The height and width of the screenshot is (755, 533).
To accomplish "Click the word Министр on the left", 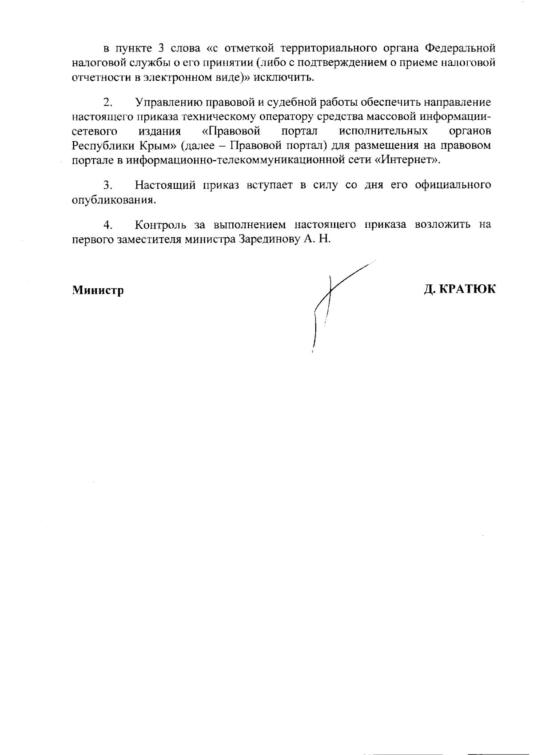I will [x=98, y=290].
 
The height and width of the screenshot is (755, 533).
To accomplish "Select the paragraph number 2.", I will [x=107, y=103].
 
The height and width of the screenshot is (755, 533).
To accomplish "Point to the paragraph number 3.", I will [x=107, y=185].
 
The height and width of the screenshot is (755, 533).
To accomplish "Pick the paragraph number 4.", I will [x=107, y=225].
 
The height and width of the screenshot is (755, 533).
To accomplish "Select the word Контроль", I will [x=160, y=225].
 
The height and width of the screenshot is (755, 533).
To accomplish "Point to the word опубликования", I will [x=114, y=200].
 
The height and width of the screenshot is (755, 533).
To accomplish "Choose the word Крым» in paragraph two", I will [x=159, y=146].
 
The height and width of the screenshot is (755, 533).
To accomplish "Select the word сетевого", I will [x=94, y=131].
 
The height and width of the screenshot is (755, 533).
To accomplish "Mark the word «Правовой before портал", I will [x=231, y=131].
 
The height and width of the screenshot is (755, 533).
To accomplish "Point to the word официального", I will [x=453, y=185].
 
